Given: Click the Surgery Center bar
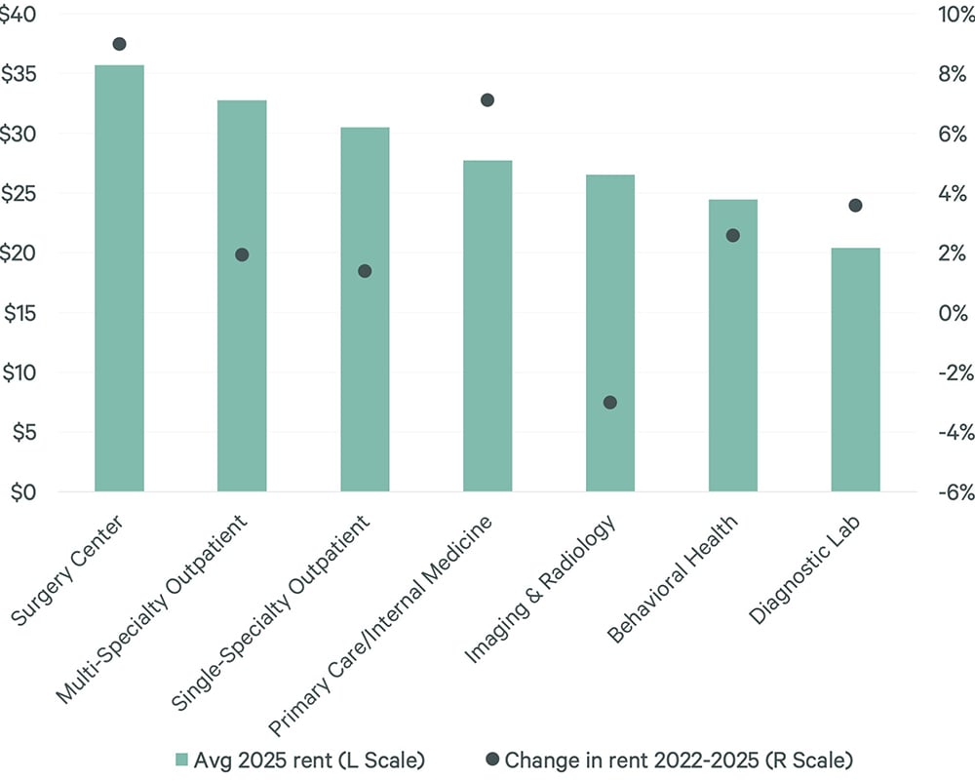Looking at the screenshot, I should click(119, 278).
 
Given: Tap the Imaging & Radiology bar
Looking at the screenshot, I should click(610, 332).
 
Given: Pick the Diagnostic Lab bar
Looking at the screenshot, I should click(855, 370).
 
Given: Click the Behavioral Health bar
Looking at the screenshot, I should click(733, 345).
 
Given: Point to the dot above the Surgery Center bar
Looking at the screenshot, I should click(119, 44).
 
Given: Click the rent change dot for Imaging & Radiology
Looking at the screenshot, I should click(610, 402).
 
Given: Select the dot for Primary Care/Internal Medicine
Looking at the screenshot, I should click(487, 99).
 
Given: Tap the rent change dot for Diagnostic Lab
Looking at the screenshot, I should click(855, 205).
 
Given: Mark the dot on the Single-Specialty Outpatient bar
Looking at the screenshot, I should click(365, 271).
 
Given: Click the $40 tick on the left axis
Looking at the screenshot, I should click(22, 15).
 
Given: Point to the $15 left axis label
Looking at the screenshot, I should click(22, 314).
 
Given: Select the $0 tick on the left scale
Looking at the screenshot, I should click(22, 492).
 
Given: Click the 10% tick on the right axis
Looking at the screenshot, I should click(951, 15).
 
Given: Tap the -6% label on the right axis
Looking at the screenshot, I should click(951, 492).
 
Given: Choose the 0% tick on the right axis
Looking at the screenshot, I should click(951, 314).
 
